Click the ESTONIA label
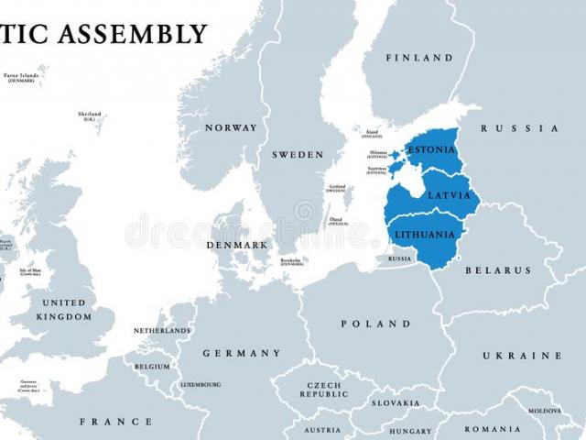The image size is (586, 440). (431, 149)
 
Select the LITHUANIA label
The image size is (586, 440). (424, 235)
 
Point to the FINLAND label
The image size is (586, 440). (419, 58)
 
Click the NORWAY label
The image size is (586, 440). (231, 127)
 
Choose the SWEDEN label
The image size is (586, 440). (298, 154)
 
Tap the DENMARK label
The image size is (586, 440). (237, 245)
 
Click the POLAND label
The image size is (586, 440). (376, 324)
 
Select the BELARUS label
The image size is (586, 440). (498, 270)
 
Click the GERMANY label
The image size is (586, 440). (242, 353)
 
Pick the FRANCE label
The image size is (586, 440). (116, 422)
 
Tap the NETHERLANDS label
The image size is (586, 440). (162, 330)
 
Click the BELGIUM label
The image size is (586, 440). (152, 367)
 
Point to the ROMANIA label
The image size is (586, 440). (493, 429)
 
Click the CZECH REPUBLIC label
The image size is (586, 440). (324, 390)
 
